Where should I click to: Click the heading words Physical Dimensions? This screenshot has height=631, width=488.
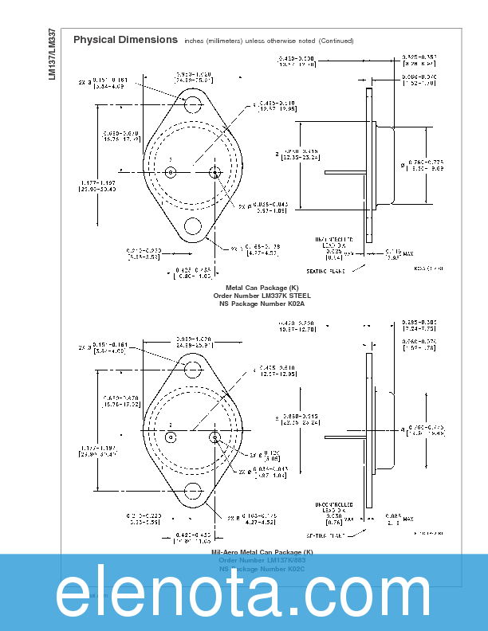[125, 40]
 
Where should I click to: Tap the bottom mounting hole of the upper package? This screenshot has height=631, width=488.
[194, 226]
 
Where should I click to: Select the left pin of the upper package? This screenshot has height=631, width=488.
[170, 170]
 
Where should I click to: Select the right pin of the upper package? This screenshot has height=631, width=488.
[214, 170]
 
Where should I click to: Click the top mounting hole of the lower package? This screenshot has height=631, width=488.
[194, 369]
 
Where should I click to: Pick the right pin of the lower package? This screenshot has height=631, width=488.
[214, 437]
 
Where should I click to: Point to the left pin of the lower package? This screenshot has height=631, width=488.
[170, 437]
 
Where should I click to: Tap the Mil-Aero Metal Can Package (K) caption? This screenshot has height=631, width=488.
[262, 552]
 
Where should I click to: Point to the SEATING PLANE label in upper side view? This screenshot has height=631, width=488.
[326, 271]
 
